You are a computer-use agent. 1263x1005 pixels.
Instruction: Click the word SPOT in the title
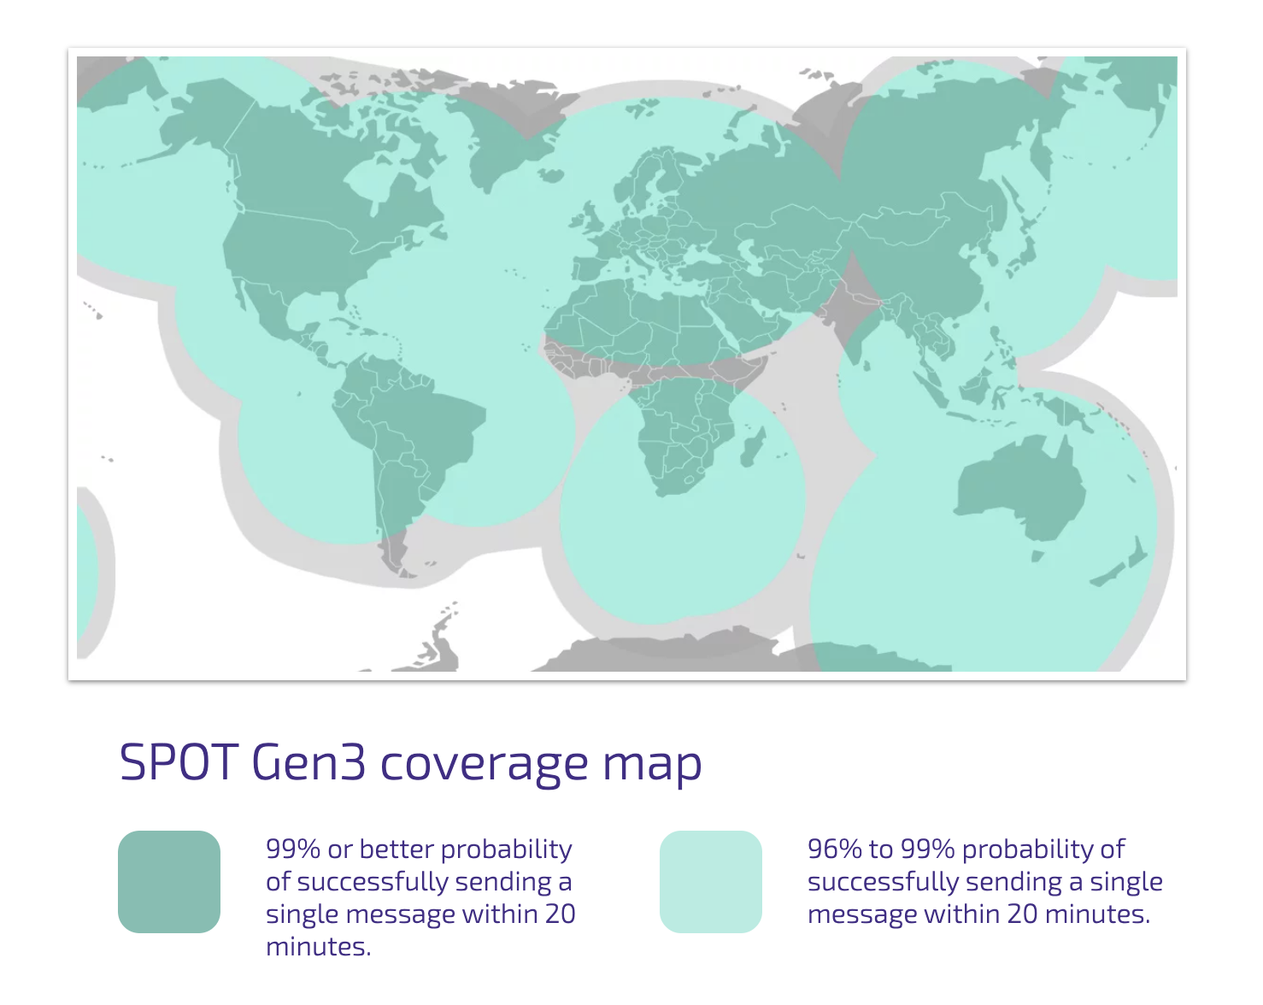click(179, 762)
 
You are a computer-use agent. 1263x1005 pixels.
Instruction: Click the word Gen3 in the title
click(308, 762)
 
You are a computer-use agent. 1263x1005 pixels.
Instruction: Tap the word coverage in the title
click(485, 766)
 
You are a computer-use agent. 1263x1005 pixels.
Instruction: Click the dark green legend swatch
click(169, 882)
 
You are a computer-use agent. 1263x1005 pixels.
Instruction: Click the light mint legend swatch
click(711, 882)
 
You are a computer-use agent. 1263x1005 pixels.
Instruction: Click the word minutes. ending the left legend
click(318, 947)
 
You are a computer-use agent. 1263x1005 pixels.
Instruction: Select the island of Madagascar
click(752, 446)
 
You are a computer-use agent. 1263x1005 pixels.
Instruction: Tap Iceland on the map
click(550, 175)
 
